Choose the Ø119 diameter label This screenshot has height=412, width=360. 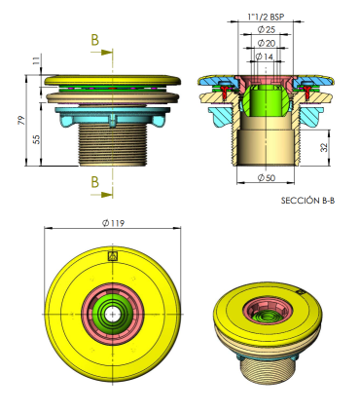113,223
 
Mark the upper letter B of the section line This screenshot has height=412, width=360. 93,40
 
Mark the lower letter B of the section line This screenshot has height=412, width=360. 93,181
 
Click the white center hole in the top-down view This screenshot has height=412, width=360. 113,315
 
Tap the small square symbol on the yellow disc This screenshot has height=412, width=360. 113,256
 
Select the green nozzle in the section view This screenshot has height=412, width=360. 263,98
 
